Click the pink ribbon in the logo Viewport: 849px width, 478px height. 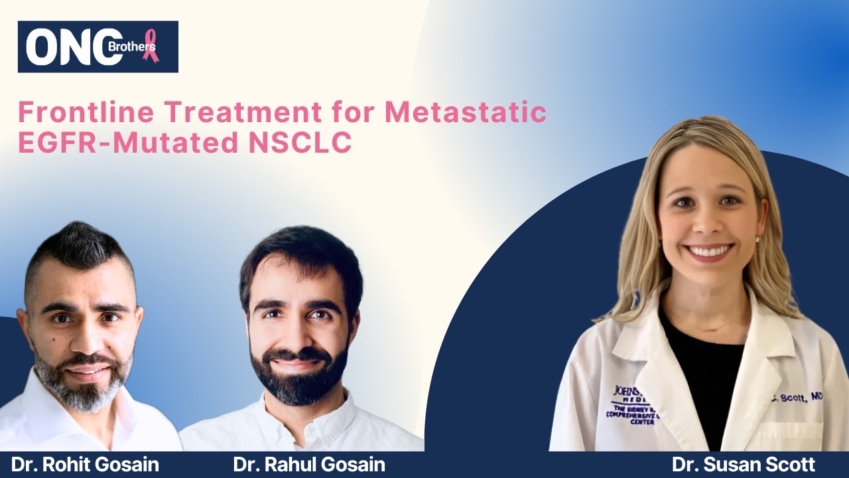151,45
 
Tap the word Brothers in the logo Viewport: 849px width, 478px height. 138,47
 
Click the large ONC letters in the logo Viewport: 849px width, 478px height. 73,47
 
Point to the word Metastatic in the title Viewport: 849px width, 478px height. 466,112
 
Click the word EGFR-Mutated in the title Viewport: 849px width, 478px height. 125,143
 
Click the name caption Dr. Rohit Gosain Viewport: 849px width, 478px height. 85,464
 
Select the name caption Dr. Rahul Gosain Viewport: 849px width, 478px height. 309,464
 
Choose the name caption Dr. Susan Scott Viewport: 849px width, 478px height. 743,464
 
